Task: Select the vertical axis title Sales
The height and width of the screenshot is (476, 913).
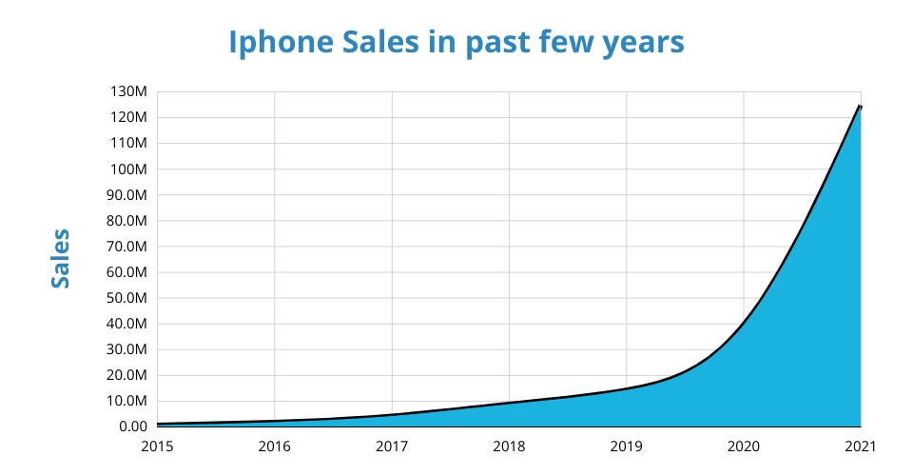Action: click(x=61, y=258)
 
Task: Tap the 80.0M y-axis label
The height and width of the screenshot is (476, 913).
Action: click(x=126, y=221)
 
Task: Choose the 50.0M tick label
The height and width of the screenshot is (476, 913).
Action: click(x=126, y=298)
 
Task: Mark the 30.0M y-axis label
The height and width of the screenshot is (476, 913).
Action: click(x=126, y=349)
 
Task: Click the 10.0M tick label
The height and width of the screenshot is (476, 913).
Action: click(x=126, y=401)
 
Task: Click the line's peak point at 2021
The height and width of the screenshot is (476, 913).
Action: click(x=860, y=106)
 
